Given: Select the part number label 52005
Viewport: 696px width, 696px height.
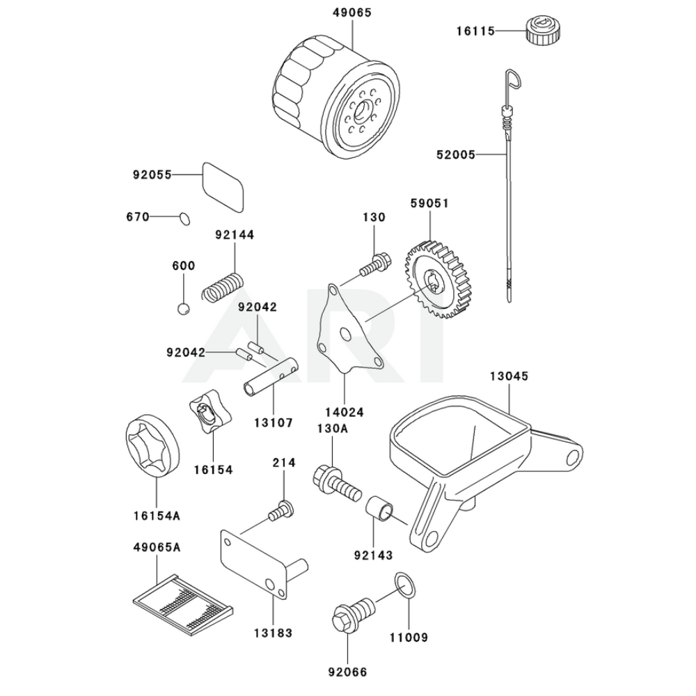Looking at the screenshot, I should point(475,155).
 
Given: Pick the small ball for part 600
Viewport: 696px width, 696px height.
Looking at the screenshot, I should point(183,308).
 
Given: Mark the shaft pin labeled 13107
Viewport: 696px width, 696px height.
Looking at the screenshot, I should point(269,376).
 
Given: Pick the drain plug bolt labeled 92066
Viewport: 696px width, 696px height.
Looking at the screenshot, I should point(352,612).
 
